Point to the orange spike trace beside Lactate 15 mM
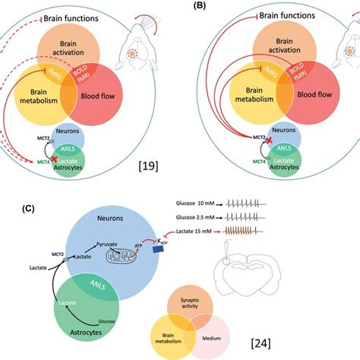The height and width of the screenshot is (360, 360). click(x=307, y=229)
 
